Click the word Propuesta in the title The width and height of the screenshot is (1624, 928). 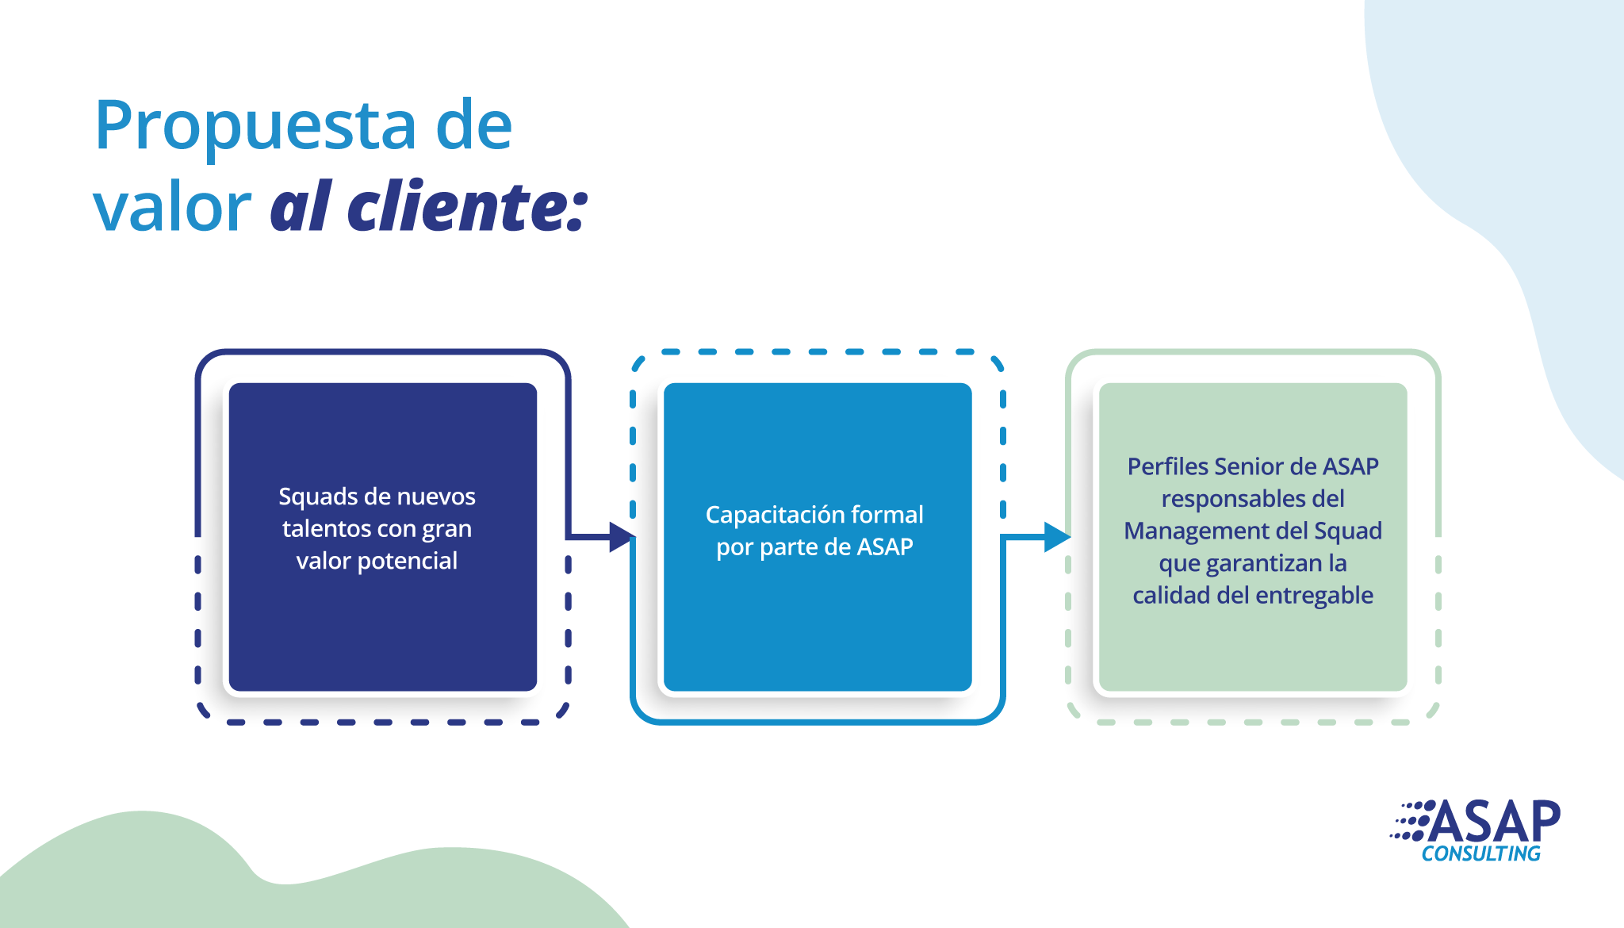(255, 126)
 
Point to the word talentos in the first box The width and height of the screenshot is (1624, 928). (327, 529)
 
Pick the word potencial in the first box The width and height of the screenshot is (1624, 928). (408, 562)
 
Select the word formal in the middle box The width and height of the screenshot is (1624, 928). (887, 515)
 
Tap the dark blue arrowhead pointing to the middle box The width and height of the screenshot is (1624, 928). (621, 537)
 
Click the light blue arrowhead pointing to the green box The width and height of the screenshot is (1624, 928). (1057, 537)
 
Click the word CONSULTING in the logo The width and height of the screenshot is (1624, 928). (1480, 853)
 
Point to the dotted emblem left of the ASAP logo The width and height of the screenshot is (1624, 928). (1411, 820)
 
